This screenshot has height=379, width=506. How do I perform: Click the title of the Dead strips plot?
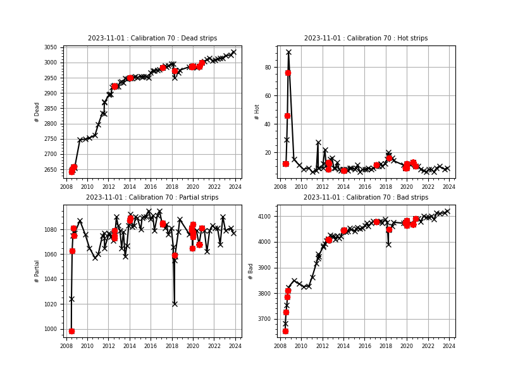coord(152,39)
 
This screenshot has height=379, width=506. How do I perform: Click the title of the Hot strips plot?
coord(366,39)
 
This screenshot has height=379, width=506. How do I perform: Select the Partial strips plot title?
coord(152,198)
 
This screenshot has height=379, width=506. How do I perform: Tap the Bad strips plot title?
coord(366,198)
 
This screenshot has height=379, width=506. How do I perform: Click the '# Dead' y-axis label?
coord(37,112)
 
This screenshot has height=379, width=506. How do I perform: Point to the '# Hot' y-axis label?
coord(257,112)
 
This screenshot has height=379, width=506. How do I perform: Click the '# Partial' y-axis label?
coord(37,270)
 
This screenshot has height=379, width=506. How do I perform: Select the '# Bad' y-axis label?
coord(251,270)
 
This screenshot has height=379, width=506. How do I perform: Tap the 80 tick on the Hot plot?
coord(268,68)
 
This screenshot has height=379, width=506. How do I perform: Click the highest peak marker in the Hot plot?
coord(288,52)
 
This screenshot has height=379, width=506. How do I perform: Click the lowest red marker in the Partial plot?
coord(71,331)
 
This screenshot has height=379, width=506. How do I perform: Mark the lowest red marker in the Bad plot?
coord(285,331)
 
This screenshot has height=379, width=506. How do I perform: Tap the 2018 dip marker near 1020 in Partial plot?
coord(175,304)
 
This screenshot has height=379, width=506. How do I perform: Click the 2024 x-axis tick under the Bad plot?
coord(448,346)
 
